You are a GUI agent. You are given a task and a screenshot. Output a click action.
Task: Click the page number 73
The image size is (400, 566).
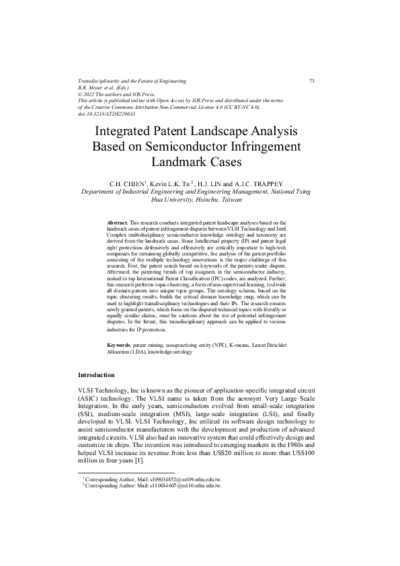[x=312, y=81]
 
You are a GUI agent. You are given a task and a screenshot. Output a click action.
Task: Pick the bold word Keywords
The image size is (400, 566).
[x=120, y=345]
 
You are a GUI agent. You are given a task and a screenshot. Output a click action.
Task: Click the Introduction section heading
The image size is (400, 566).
[x=96, y=374]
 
